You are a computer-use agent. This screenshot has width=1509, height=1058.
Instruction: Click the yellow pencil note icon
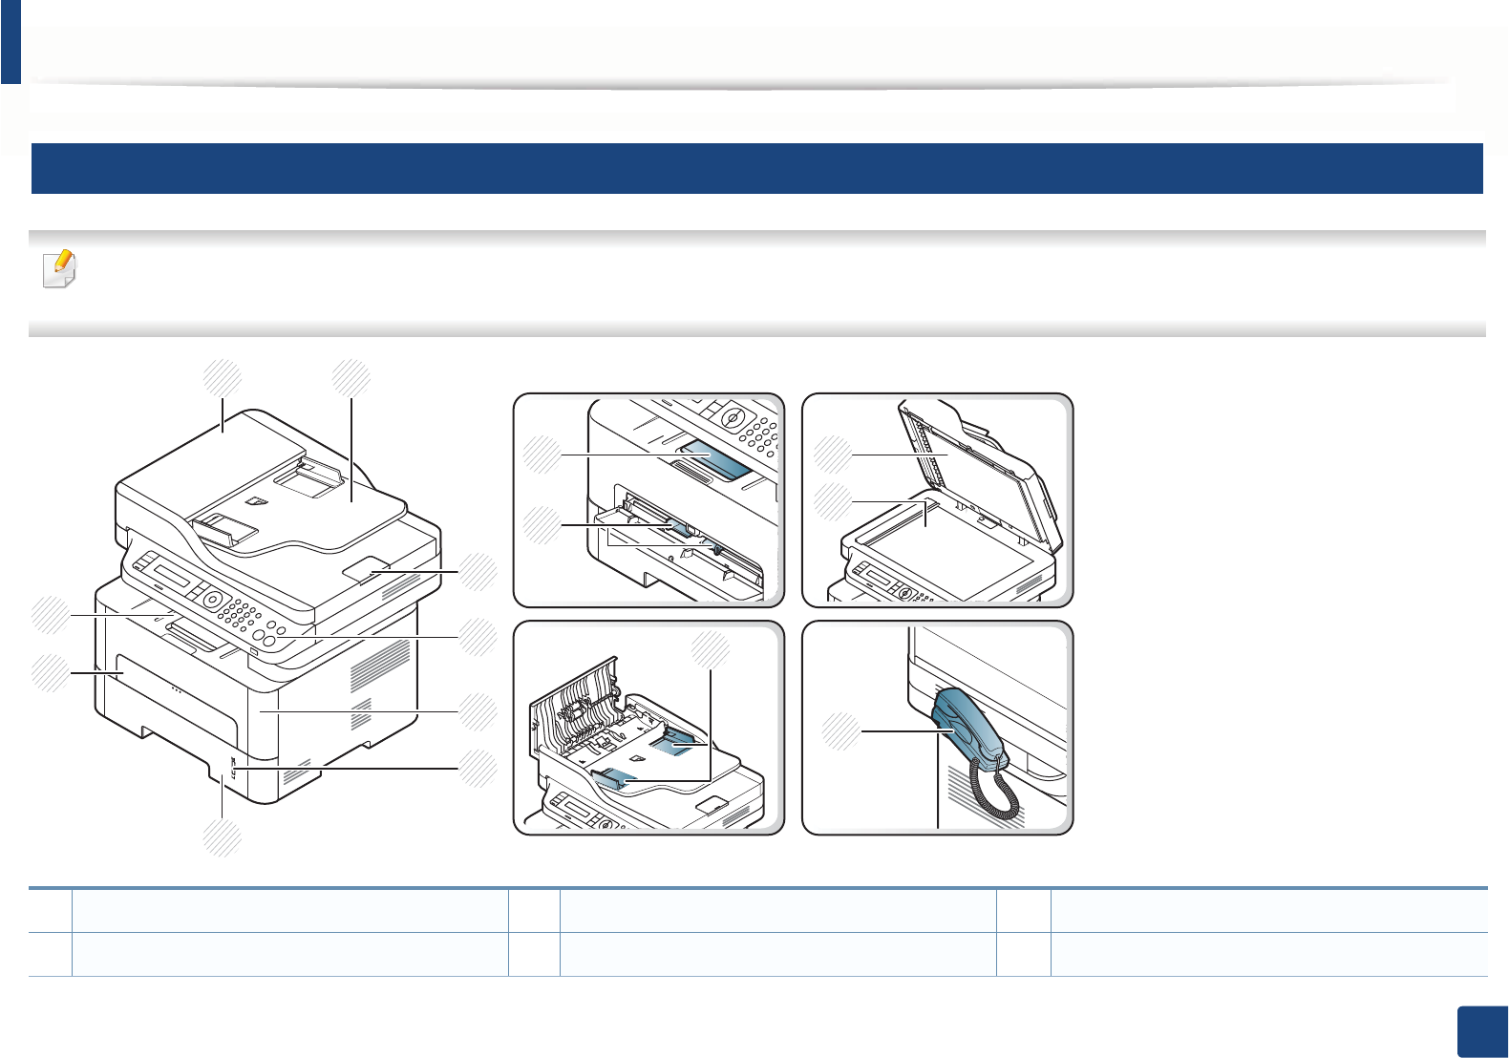[x=60, y=269]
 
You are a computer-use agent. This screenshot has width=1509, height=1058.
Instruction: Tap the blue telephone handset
[x=966, y=726]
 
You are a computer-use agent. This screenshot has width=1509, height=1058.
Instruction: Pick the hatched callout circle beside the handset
[x=841, y=730]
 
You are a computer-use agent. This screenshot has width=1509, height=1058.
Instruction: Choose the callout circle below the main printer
[x=222, y=837]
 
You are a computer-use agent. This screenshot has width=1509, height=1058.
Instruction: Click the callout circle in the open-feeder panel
[x=710, y=650]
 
